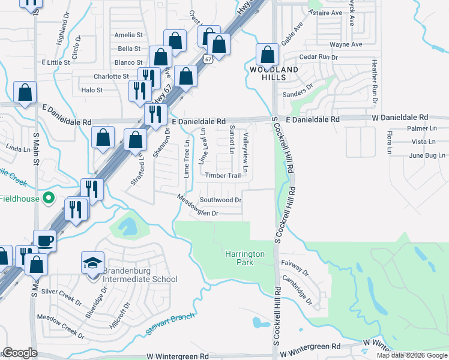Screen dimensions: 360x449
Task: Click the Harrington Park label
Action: point(245,258)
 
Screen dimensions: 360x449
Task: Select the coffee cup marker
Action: point(45,241)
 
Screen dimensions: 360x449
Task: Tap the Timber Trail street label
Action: point(223,176)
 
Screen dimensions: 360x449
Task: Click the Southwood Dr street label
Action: point(220,200)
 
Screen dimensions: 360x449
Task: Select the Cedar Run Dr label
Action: point(319,57)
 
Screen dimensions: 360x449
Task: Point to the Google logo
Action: point(20,353)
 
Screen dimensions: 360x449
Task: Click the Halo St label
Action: point(92,91)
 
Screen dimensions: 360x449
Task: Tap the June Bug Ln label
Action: point(426,155)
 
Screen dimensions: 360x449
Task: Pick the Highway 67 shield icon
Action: point(207,59)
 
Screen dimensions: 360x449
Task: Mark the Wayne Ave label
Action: point(346,44)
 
